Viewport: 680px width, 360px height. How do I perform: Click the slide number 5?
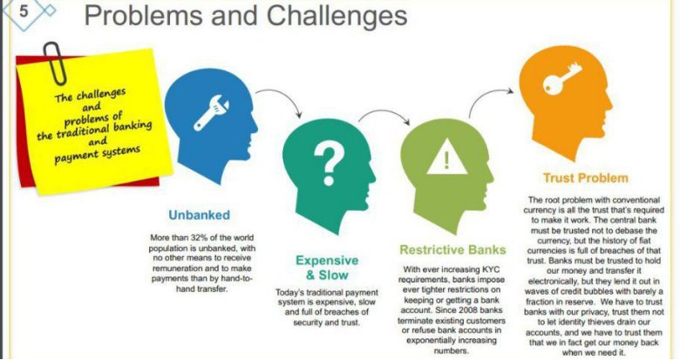[x=24, y=10]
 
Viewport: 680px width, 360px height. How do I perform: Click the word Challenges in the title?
[x=337, y=16]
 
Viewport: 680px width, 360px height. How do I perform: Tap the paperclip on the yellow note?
[x=54, y=63]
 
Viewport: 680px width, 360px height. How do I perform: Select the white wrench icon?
[x=211, y=112]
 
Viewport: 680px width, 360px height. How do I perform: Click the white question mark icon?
[x=329, y=164]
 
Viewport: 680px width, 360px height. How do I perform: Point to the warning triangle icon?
[x=447, y=157]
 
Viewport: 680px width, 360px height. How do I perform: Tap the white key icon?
[x=561, y=78]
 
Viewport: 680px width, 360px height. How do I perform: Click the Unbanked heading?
[x=199, y=215]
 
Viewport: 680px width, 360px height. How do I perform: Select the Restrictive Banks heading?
[x=452, y=250]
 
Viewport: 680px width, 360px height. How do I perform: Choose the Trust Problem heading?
[x=586, y=178]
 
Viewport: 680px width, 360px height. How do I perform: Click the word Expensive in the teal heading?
[x=327, y=261]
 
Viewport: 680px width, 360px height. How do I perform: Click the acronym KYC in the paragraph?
[x=490, y=269]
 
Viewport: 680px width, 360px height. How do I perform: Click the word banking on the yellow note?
[x=133, y=127]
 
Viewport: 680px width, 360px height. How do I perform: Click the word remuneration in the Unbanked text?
[x=177, y=268]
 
